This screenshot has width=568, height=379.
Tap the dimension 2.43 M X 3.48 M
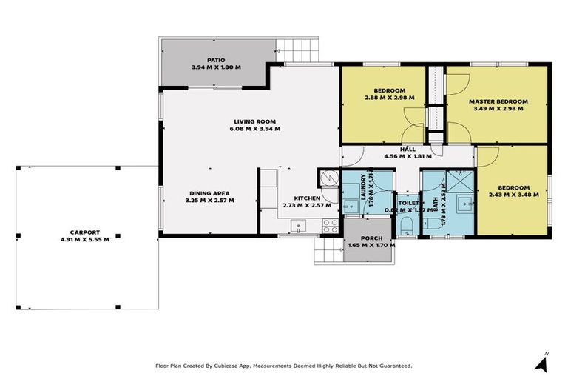[x=510, y=195]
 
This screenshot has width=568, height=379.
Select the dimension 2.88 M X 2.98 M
[x=390, y=97]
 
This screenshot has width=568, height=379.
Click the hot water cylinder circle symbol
[x=326, y=178]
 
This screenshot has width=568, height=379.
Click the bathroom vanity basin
[x=463, y=201]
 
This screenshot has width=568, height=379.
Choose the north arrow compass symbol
[x=542, y=363]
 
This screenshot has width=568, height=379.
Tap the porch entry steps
[x=328, y=251]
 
